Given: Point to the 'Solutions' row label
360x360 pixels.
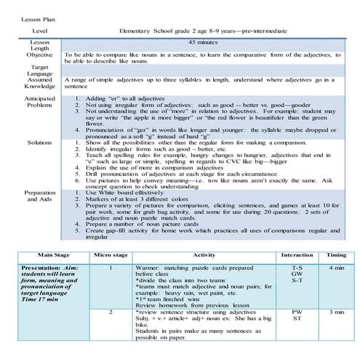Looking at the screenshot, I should [35, 143].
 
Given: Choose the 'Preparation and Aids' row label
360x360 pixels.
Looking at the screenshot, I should [35, 196].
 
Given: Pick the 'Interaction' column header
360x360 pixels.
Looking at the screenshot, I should [297, 255].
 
